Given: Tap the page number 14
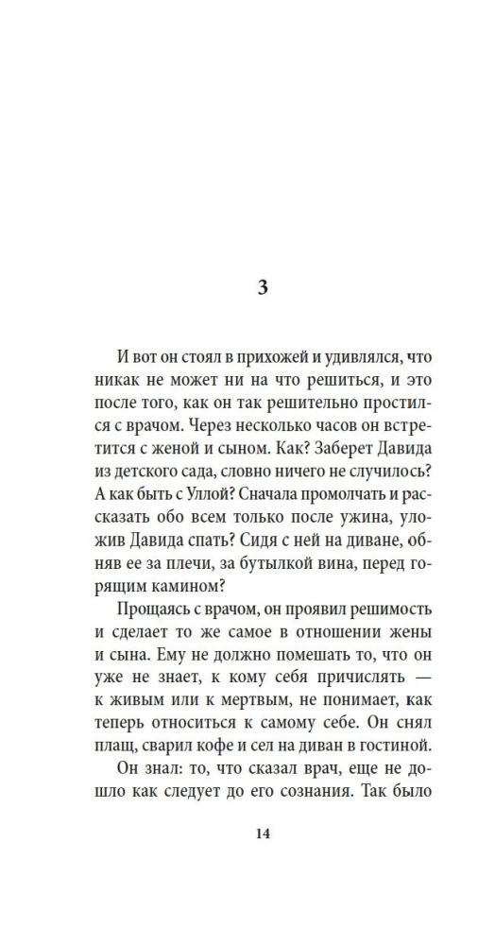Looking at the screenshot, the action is (263, 833).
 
